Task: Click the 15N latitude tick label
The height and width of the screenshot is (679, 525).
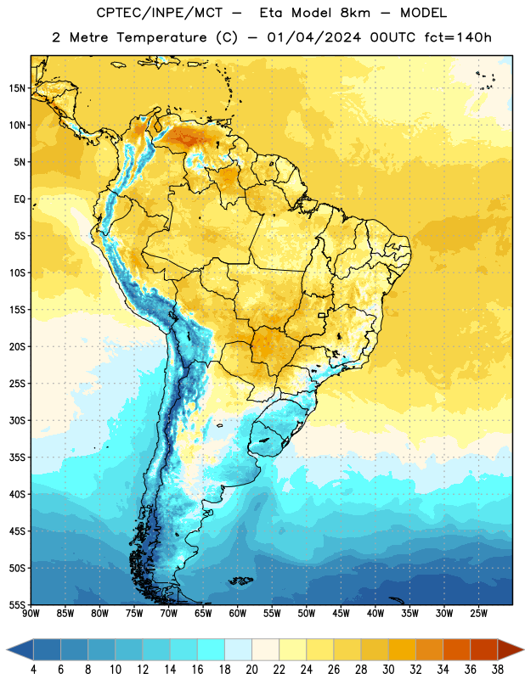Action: tap(17, 88)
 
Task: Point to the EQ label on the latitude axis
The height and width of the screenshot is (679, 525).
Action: tap(20, 199)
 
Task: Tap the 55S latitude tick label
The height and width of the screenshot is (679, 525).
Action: tap(17, 604)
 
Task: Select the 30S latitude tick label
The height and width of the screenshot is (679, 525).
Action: tap(17, 420)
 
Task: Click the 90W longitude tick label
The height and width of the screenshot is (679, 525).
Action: tap(31, 614)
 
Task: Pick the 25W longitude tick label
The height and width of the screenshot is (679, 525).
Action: tap(478, 614)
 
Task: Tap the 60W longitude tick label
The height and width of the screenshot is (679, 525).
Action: tap(238, 614)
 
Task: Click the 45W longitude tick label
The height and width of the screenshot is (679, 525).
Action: tap(341, 614)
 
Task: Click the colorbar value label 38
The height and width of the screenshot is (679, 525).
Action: tap(497, 670)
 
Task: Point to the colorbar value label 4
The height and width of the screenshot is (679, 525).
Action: tap(33, 670)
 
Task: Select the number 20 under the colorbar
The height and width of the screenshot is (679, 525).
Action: tap(251, 670)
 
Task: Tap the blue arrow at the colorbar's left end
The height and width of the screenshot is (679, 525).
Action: tap(20, 649)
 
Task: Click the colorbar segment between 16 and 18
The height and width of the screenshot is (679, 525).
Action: tap(212, 649)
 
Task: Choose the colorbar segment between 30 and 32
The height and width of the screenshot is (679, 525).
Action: tap(403, 649)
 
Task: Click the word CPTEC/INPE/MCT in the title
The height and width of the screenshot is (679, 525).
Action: tap(160, 13)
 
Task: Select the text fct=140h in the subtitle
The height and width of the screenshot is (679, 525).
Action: tap(458, 37)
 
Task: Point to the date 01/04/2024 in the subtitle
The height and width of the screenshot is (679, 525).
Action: tap(313, 37)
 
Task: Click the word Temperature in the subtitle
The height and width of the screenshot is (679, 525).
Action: tap(161, 38)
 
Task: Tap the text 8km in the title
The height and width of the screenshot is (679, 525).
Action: tap(355, 13)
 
